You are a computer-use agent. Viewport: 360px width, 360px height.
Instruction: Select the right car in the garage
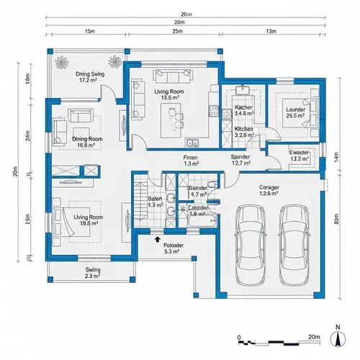295,237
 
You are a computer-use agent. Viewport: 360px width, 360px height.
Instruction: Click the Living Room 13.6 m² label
170,94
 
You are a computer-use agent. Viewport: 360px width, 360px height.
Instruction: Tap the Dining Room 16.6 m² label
87,142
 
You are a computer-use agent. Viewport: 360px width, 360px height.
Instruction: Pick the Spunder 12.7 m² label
240,160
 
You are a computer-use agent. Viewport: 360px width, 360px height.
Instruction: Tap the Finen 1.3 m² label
191,160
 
